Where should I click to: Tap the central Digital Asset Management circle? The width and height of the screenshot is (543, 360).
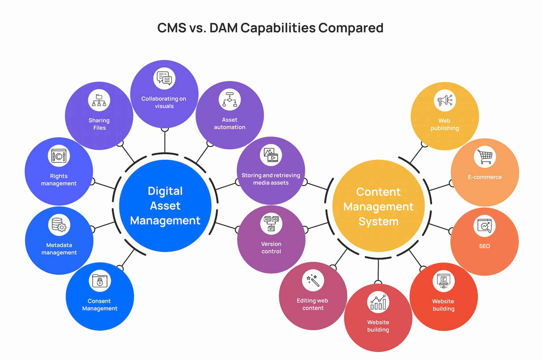pyautogui.click(x=165, y=205)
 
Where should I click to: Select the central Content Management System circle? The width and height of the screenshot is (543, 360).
pyautogui.click(x=378, y=206)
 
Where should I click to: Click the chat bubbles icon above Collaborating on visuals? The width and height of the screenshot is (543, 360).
pyautogui.click(x=164, y=78)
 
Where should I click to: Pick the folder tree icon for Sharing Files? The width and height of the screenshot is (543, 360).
pyautogui.click(x=99, y=100)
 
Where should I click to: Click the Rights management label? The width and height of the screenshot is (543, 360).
pyautogui.click(x=59, y=180)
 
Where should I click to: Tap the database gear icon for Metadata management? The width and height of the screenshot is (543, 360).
pyautogui.click(x=59, y=225)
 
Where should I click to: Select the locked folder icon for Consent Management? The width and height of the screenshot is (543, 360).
pyautogui.click(x=99, y=281)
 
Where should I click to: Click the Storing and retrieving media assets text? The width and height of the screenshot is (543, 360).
pyautogui.click(x=271, y=179)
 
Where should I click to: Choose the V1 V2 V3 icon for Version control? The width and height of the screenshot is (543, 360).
pyautogui.click(x=271, y=223)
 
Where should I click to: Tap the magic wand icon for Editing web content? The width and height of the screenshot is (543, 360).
pyautogui.click(x=313, y=280)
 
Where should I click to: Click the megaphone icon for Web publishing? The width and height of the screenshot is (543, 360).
pyautogui.click(x=444, y=100)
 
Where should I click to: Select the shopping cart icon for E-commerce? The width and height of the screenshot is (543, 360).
pyautogui.click(x=485, y=156)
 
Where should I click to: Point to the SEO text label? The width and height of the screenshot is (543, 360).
pyautogui.click(x=485, y=246)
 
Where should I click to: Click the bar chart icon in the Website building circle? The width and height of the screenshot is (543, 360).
pyautogui.click(x=378, y=302)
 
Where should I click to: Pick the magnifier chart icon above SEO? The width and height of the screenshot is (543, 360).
pyautogui.click(x=485, y=226)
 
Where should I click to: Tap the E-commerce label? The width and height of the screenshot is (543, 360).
pyautogui.click(x=485, y=177)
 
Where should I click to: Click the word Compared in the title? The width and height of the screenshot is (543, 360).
pyautogui.click(x=351, y=28)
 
